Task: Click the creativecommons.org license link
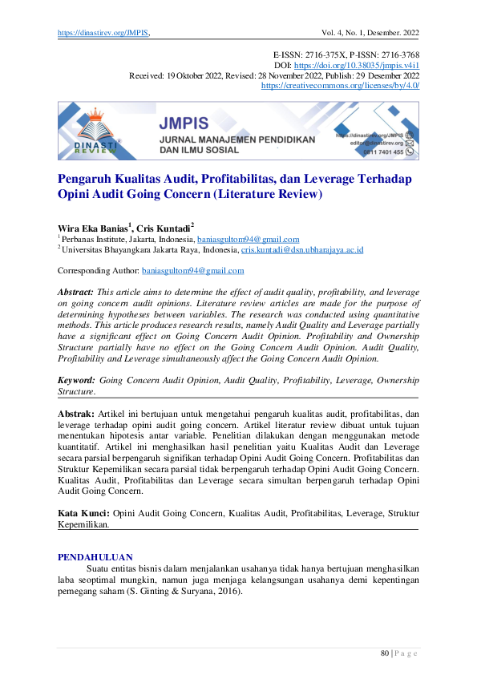pyautogui.click(x=340, y=85)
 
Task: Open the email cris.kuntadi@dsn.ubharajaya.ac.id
pyautogui.click(x=302, y=249)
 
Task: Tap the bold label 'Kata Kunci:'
pyautogui.click(x=84, y=511)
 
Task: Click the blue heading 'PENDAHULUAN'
pyautogui.click(x=96, y=556)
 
